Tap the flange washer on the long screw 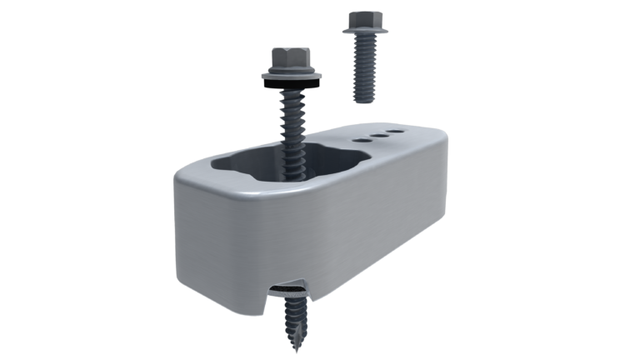click(x=292, y=75)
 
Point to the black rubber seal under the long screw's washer click(x=293, y=82)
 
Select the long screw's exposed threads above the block click(x=294, y=112)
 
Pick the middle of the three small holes click(x=381, y=134)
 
